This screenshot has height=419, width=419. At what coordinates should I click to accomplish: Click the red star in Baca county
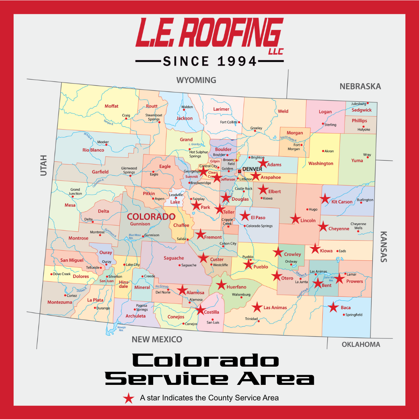point(333,307)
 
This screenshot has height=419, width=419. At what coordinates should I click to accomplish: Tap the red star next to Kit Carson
point(325,199)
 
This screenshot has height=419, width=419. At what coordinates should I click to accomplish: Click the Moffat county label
point(111,106)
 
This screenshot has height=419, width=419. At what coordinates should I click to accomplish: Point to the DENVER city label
point(252,169)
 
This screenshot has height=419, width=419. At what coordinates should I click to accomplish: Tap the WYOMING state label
point(196,80)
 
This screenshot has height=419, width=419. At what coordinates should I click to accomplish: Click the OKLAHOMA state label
point(361,345)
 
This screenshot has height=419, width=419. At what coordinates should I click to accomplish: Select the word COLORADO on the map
point(151,216)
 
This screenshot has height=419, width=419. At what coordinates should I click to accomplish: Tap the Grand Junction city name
point(75,192)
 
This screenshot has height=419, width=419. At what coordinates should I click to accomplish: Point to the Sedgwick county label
point(362,110)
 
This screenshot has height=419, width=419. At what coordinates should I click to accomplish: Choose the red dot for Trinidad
point(259,321)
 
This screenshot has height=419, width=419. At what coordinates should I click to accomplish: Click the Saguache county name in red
point(173,258)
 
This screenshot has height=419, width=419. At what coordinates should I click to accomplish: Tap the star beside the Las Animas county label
point(257,307)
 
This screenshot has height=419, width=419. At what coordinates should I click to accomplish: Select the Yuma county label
point(357,161)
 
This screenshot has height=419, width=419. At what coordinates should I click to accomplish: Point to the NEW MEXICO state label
point(157,339)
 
